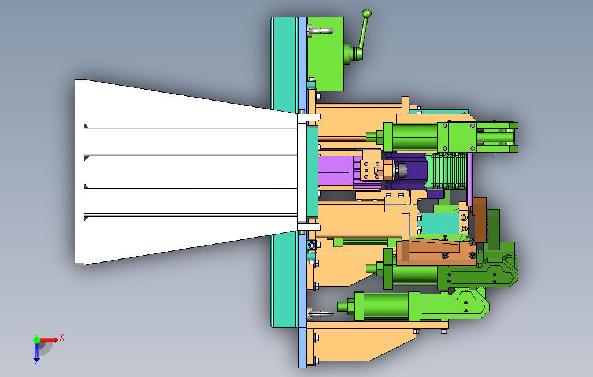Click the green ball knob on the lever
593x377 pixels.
point(366,14)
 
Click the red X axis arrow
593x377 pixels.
point(49,340)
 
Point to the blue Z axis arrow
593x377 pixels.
point(36,352)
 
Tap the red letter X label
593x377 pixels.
point(62,337)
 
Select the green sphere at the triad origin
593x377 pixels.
point(36,340)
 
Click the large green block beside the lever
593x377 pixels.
point(325,54)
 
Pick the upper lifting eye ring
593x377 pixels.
point(321,31)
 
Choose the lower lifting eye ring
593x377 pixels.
point(321,313)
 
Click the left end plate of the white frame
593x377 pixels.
point(79,172)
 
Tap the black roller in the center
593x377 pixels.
point(400,171)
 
